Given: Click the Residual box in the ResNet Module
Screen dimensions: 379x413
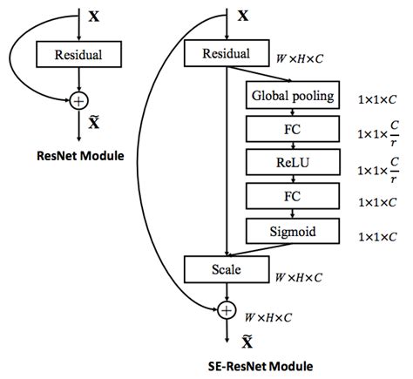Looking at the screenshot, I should pos(79,55).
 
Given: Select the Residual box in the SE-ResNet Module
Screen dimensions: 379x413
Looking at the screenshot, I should pos(226,55).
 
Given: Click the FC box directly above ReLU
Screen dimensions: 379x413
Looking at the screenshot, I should pos(289,128).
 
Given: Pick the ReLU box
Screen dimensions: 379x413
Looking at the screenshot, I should pos(289,162).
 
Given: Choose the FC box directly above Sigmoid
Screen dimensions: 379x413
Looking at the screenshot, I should pos(289,196).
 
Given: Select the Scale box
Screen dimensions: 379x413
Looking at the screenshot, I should pos(226,268).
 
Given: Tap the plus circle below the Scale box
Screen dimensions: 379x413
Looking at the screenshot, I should pos(227,308).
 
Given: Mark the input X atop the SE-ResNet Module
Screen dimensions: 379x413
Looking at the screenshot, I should pos(243,15).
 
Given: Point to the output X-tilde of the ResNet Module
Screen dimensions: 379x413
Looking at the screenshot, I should pos(94,125).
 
